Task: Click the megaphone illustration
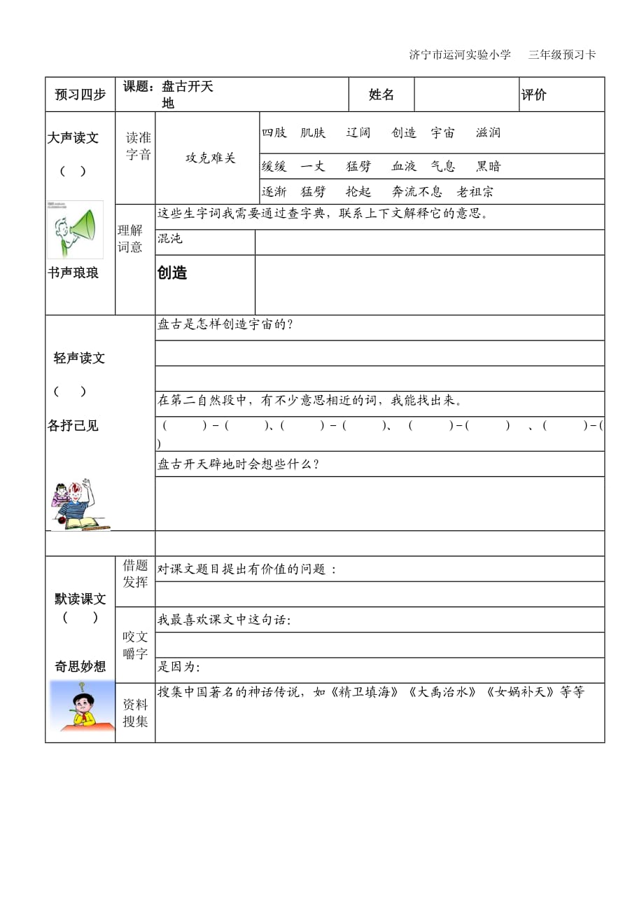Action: [75, 230]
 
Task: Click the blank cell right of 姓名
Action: [466, 95]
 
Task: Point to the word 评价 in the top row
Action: [534, 95]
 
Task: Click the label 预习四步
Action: [80, 95]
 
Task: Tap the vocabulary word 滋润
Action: [488, 132]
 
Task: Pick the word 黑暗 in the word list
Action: [489, 166]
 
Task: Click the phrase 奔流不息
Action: [416, 192]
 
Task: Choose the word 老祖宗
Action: [475, 192]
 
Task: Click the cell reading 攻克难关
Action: [210, 158]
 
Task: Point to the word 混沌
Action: [170, 239]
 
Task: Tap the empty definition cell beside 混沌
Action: [429, 242]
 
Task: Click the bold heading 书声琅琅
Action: [73, 273]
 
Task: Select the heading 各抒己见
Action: [73, 425]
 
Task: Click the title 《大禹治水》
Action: [443, 692]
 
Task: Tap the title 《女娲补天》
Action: [521, 692]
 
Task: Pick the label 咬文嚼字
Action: [135, 645]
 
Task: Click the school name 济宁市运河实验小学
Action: [460, 55]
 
